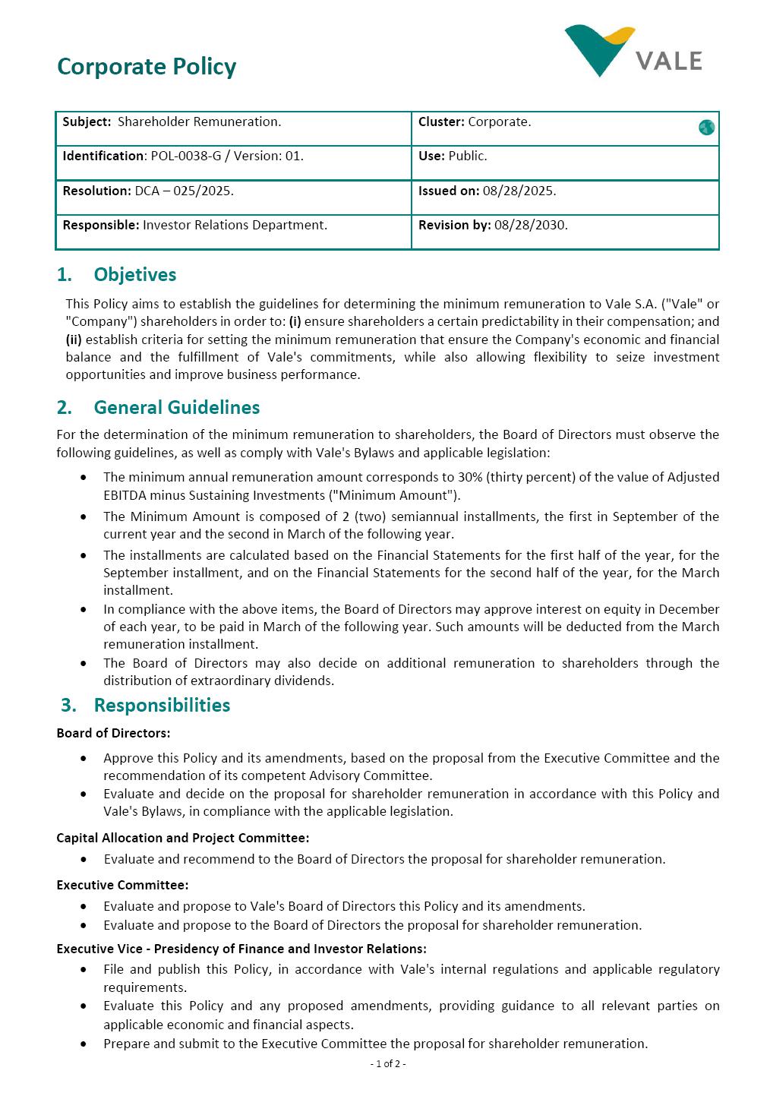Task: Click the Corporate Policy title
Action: tap(147, 67)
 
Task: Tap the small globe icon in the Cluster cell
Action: tap(706, 128)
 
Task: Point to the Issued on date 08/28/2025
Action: tap(519, 191)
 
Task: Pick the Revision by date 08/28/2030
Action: tap(530, 225)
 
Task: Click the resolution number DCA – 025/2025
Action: tap(184, 191)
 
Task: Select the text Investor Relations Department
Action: tap(235, 225)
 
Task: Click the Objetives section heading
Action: tap(134, 275)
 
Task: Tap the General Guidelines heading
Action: tap(176, 408)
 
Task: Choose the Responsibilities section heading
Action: tap(162, 705)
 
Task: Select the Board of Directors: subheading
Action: tap(113, 733)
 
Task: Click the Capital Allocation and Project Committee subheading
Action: tap(182, 838)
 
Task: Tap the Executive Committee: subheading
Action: tap(122, 885)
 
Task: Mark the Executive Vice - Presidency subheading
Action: tap(241, 949)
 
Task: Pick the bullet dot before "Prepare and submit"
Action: tap(84, 1044)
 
